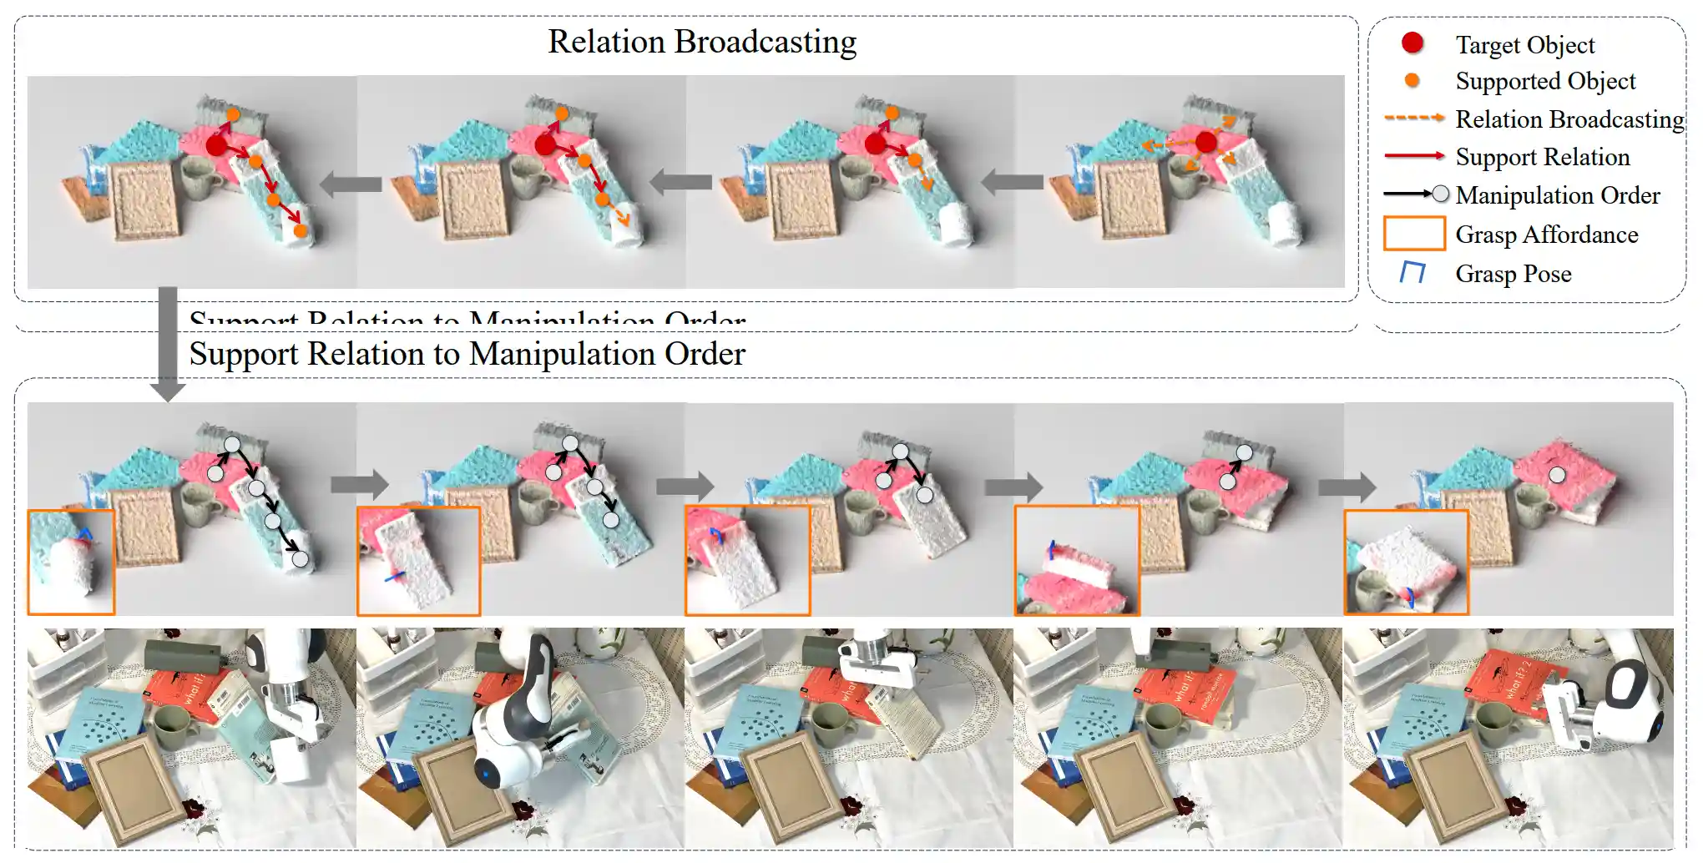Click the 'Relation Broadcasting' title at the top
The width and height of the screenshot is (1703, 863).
[x=702, y=42]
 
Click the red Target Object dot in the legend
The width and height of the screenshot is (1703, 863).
[x=1412, y=43]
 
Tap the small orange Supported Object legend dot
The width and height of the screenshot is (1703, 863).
[x=1412, y=80]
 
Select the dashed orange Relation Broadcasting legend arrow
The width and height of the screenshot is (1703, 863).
[x=1413, y=118]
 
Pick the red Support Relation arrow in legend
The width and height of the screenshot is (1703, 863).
[x=1413, y=155]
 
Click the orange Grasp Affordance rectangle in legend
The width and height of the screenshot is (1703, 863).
[x=1414, y=234]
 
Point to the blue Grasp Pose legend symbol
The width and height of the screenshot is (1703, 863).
[x=1412, y=272]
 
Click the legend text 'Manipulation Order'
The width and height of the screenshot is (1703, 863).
[x=1558, y=195]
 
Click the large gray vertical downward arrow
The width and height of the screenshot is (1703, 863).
[x=168, y=342]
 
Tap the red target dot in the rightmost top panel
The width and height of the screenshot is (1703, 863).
[x=1205, y=142]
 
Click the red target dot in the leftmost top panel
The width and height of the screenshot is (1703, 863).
[x=216, y=146]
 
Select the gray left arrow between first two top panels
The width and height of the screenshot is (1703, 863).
[x=351, y=184]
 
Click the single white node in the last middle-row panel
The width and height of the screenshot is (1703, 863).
[x=1557, y=475]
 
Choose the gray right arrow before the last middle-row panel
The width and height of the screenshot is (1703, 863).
[x=1347, y=486]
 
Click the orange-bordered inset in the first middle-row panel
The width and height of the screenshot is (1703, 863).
[x=71, y=562]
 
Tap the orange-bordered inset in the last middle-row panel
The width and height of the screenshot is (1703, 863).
[x=1406, y=562]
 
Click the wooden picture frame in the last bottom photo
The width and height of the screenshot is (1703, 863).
[x=1457, y=785]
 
